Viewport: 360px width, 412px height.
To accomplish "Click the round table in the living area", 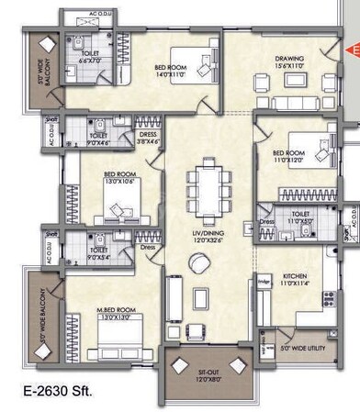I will click(198, 263).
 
